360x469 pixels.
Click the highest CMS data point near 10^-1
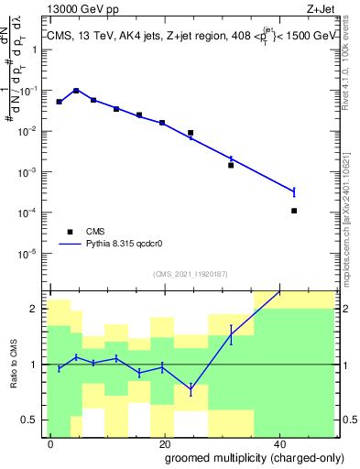76,91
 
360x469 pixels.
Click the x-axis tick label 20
163,443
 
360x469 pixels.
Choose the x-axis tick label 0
50,443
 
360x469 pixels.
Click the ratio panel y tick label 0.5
33,420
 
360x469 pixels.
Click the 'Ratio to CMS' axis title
14,365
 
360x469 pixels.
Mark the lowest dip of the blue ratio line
191,389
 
